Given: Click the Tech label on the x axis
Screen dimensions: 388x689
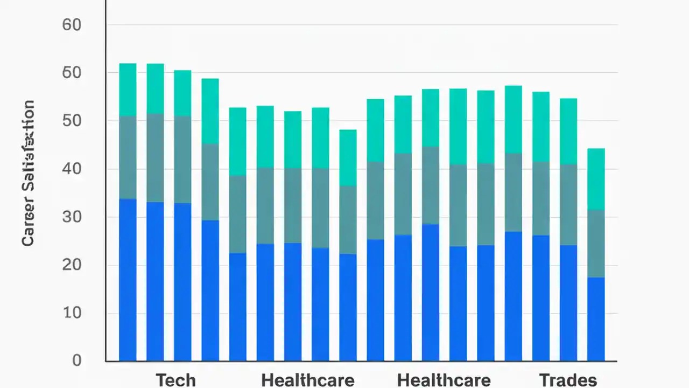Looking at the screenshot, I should pyautogui.click(x=175, y=380).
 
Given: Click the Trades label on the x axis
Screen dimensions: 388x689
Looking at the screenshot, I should pyautogui.click(x=568, y=380).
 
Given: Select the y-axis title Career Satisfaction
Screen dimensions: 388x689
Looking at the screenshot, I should pyautogui.click(x=28, y=173).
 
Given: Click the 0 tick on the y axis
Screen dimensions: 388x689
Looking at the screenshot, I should pyautogui.click(x=76, y=360).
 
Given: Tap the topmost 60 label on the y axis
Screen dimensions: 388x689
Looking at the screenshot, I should pyautogui.click(x=72, y=25).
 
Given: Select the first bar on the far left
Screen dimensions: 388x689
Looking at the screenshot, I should pyautogui.click(x=128, y=212).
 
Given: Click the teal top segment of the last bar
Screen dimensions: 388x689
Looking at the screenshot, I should pyautogui.click(x=596, y=179).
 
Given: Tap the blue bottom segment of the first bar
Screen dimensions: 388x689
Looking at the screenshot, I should pyautogui.click(x=128, y=280).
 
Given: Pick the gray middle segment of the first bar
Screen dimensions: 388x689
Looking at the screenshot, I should pyautogui.click(x=128, y=157).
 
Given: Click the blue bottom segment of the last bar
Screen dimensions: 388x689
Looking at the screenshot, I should pyautogui.click(x=596, y=319).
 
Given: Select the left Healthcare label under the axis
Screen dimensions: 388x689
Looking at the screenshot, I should pyautogui.click(x=307, y=380).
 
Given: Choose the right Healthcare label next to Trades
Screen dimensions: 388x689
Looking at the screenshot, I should pyautogui.click(x=444, y=380).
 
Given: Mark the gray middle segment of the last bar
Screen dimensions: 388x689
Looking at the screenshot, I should pyautogui.click(x=596, y=244).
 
